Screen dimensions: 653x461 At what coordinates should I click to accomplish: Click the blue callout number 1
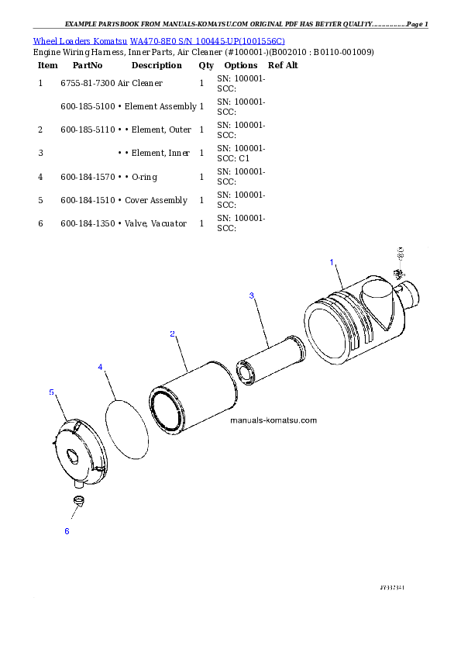coord(332,263)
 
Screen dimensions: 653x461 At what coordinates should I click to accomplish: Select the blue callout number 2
coord(172,334)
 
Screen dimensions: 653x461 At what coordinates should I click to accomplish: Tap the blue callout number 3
coord(251,295)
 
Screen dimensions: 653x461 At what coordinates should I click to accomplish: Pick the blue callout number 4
coord(100,366)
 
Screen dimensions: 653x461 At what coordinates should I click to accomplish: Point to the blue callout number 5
coord(51,392)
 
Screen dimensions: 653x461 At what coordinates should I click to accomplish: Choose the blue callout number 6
coord(67,531)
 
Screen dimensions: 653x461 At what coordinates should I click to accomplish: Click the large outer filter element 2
coord(194,399)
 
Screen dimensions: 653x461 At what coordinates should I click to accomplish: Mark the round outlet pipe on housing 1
coord(408,295)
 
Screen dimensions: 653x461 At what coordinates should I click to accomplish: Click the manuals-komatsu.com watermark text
coord(274,420)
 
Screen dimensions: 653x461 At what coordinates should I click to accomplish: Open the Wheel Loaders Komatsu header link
coord(159,41)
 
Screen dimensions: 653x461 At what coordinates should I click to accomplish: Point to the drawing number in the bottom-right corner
coord(392,588)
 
